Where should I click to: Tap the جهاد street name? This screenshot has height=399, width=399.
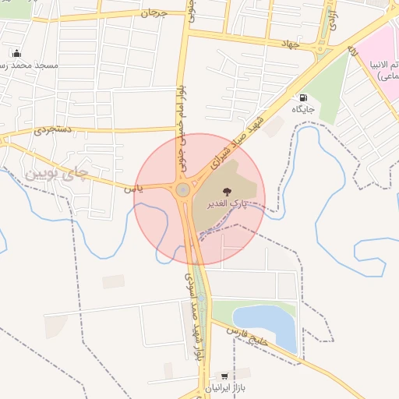291,44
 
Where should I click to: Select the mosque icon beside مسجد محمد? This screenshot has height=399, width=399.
16,54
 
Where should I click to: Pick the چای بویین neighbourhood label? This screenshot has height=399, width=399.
58,170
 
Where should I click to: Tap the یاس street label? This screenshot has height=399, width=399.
132,188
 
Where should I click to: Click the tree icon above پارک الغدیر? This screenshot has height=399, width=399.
227,191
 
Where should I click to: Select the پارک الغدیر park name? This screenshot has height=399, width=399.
227,203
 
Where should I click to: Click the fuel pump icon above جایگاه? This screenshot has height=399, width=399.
302,98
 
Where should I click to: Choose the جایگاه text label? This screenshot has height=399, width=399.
302,110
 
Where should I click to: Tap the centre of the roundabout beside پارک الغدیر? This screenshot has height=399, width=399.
182,189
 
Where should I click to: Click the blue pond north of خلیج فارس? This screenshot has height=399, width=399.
267,322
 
